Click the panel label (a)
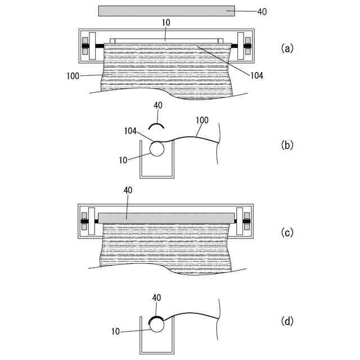click(x=287, y=48)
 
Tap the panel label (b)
click(x=287, y=144)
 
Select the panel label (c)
click(x=287, y=232)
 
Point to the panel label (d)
click(x=287, y=322)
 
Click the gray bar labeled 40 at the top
click(x=166, y=11)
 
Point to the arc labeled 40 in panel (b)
click(x=157, y=125)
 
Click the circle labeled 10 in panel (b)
click(x=157, y=148)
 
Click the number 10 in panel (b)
click(x=124, y=160)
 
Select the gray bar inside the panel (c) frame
click(x=166, y=217)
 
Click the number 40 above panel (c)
click(x=128, y=191)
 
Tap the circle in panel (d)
click(x=157, y=325)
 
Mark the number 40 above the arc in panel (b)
click(x=158, y=106)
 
